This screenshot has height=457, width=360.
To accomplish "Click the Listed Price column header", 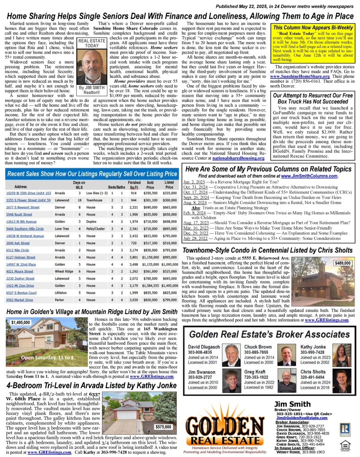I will pyautogui.click(x=168, y=185).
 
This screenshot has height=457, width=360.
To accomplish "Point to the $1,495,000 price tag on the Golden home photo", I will pyautogui.click(x=21, y=322).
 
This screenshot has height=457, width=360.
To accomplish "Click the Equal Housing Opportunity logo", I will pyautogui.click(x=345, y=444).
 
